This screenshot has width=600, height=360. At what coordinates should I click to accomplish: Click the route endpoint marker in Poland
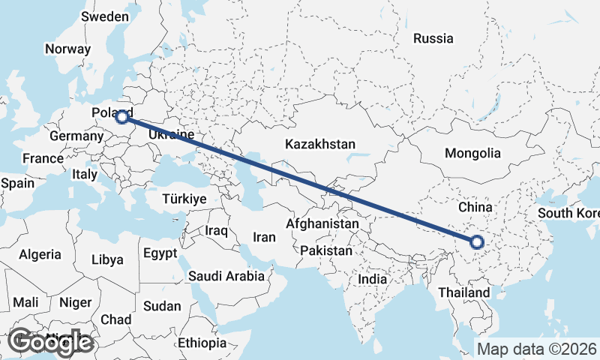click(x=121, y=116)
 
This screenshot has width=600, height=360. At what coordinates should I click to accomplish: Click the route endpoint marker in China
click(x=476, y=241)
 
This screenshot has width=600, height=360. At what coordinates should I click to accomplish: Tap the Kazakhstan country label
click(x=320, y=144)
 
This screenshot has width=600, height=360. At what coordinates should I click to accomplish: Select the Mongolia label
click(x=472, y=153)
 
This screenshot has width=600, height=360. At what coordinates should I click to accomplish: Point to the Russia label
click(x=433, y=38)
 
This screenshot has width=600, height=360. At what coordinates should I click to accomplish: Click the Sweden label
click(x=105, y=16)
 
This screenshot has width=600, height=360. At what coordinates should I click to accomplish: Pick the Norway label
click(x=67, y=49)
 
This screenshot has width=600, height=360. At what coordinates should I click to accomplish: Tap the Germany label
click(x=76, y=136)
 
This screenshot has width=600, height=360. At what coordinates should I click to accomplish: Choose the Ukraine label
click(x=172, y=134)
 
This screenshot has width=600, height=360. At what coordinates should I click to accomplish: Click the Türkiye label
click(x=184, y=199)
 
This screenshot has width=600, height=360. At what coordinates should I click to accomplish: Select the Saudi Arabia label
click(x=226, y=276)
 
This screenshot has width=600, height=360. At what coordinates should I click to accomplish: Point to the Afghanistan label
click(x=322, y=223)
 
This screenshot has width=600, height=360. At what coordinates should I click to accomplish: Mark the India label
click(x=373, y=279)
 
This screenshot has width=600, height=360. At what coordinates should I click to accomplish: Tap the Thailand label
click(x=465, y=292)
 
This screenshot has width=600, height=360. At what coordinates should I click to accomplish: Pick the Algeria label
click(x=40, y=254)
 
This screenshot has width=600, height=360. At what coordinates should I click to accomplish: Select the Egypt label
click(x=160, y=253)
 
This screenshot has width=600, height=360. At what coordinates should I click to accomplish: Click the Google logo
click(x=50, y=342)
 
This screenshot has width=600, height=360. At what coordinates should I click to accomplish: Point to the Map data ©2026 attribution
click(x=537, y=349)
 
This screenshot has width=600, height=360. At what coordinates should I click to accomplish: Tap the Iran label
click(x=265, y=237)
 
